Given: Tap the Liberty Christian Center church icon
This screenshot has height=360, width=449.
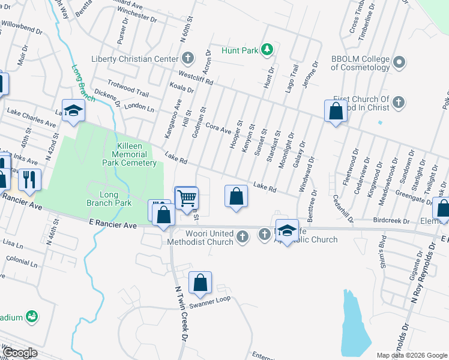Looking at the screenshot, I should pyautogui.click(x=188, y=58).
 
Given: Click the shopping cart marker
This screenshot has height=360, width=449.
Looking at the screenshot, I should pyautogui.click(x=187, y=197).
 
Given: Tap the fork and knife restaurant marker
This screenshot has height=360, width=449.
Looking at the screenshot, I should pyautogui.click(x=29, y=179).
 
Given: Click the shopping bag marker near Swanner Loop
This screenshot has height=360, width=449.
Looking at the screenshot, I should pyautogui.click(x=200, y=283).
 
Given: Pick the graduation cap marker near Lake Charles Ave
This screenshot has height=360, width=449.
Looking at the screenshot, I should pyautogui.click(x=73, y=112).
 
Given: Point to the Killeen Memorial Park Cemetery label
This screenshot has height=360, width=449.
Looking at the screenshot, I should pyautogui.click(x=130, y=154).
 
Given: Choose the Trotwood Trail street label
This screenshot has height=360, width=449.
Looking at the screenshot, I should pyautogui.click(x=128, y=88).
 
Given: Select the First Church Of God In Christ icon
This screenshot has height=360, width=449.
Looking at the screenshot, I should pyautogui.click(x=397, y=103).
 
